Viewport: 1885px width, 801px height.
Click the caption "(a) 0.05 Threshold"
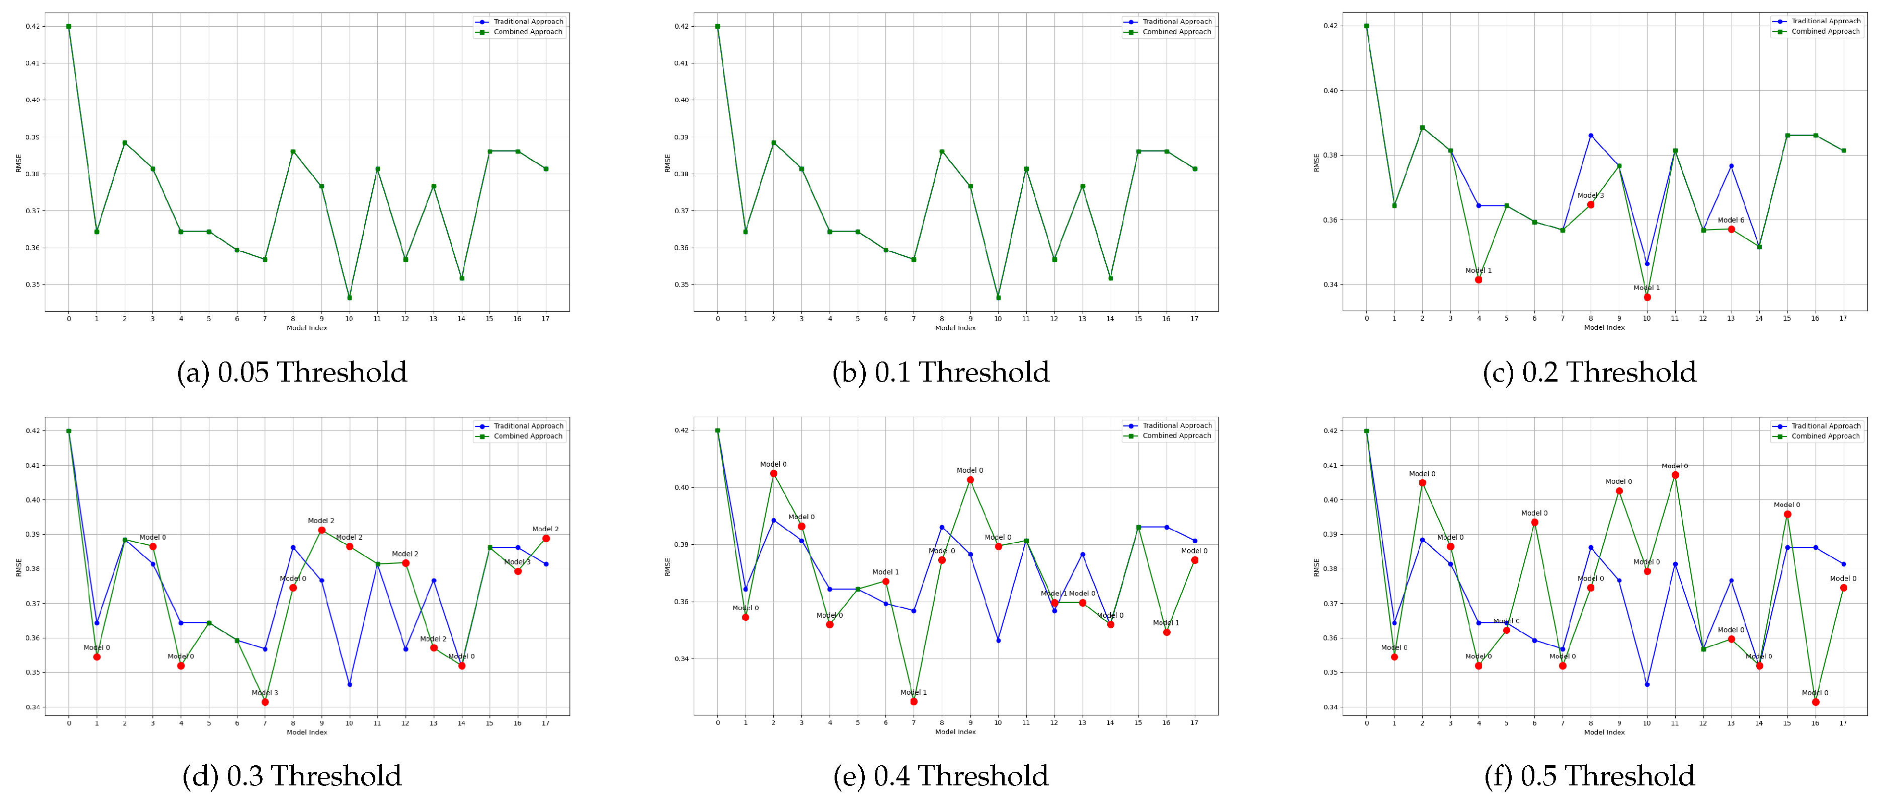[291, 372]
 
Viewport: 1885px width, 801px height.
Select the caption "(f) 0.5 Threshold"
[1589, 776]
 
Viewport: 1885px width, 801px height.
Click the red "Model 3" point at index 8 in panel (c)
[1590, 205]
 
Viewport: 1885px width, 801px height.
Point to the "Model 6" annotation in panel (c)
[1731, 220]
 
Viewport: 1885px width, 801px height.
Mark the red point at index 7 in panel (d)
[265, 702]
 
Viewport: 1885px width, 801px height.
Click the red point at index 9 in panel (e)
[970, 480]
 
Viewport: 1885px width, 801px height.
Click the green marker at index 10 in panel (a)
[349, 297]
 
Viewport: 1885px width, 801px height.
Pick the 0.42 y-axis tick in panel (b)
[681, 26]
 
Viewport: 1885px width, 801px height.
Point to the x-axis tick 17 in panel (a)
[545, 319]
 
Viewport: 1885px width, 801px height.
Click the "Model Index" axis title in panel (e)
[955, 732]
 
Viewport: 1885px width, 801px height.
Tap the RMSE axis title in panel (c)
[1317, 163]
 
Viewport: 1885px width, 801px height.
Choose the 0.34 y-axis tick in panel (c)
[1330, 285]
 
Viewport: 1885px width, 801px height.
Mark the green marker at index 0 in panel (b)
[717, 26]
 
